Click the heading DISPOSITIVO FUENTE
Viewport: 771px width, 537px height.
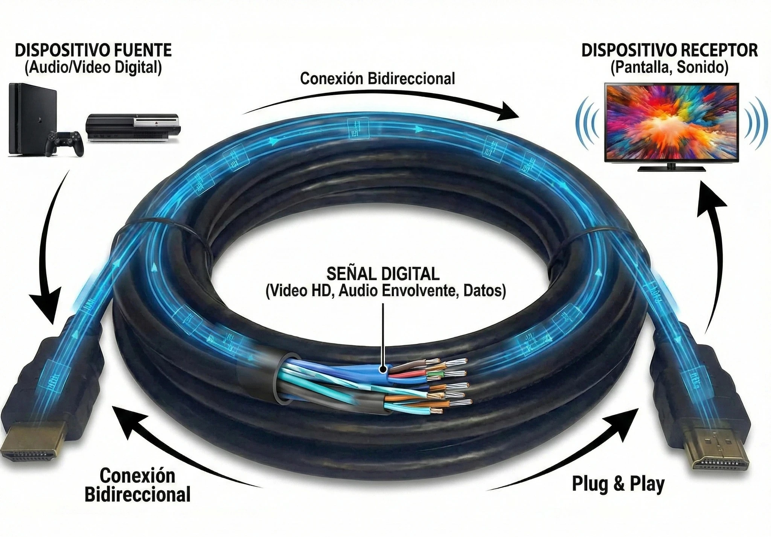pyautogui.click(x=93, y=50)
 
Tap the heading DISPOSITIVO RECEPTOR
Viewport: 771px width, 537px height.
pyautogui.click(x=669, y=50)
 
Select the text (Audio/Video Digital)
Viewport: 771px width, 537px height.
pyautogui.click(x=93, y=68)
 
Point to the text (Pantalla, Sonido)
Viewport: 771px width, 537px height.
pyautogui.click(x=669, y=68)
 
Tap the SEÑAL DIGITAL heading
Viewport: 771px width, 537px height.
pyautogui.click(x=382, y=274)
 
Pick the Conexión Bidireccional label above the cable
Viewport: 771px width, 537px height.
pyautogui.click(x=377, y=79)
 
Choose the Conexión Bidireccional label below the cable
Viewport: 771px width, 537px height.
pyautogui.click(x=137, y=485)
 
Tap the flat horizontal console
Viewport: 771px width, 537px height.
pyautogui.click(x=133, y=128)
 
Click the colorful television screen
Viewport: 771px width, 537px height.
pyautogui.click(x=671, y=123)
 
